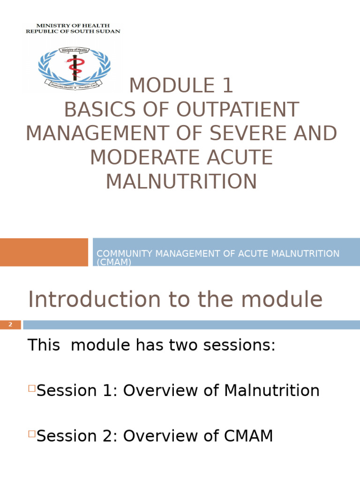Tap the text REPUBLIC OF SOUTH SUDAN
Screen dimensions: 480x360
pos(73,31)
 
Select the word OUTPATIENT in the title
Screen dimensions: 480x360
pos(238,110)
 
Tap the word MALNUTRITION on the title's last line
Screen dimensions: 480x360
pos(181,181)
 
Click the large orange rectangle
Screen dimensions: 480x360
pos(44,252)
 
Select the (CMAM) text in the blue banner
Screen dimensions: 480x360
pos(114,262)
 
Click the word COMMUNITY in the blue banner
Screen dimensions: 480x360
pos(124,254)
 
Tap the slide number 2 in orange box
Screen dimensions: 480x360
pos(10,325)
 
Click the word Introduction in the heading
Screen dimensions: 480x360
pos(95,300)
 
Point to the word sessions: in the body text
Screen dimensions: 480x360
pos(238,345)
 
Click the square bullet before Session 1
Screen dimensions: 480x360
pos(32,388)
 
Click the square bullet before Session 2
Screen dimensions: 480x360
pos(32,434)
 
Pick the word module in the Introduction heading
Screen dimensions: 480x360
pos(285,300)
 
